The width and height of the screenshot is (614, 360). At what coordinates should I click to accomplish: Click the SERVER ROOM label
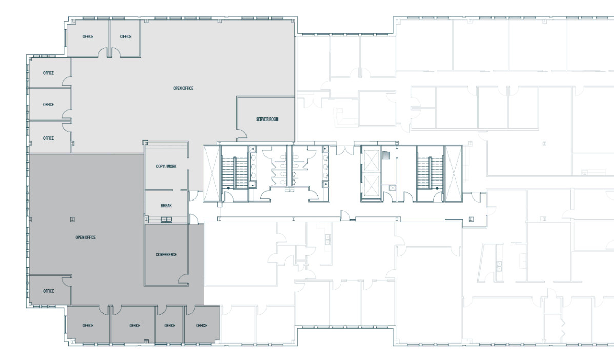click(x=267, y=119)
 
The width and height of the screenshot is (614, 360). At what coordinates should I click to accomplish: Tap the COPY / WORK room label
click(x=166, y=167)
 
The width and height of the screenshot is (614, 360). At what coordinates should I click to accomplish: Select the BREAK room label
click(x=166, y=206)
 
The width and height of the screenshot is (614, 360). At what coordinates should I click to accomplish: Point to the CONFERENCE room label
click(x=166, y=255)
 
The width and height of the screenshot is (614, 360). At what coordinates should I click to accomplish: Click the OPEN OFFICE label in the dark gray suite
click(x=86, y=237)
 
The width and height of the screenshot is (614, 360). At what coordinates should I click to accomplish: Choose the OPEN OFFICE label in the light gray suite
click(x=183, y=89)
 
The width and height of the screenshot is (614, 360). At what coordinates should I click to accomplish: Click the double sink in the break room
click(x=167, y=219)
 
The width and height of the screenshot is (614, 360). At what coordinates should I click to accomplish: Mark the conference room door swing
click(x=182, y=277)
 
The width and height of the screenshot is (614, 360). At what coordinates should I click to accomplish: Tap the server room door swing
click(x=241, y=136)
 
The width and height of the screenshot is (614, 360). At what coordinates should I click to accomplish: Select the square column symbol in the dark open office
click(x=72, y=219)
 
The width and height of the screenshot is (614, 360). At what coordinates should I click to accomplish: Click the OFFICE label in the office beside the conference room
click(x=201, y=326)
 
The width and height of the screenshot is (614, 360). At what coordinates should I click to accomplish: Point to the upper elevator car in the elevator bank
click(x=371, y=157)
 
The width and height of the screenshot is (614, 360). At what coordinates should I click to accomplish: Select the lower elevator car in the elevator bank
click(x=371, y=187)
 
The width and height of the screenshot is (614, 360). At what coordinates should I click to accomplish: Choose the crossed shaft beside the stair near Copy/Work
click(x=212, y=173)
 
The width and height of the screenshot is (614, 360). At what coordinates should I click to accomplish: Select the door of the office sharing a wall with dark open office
click(x=66, y=281)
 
